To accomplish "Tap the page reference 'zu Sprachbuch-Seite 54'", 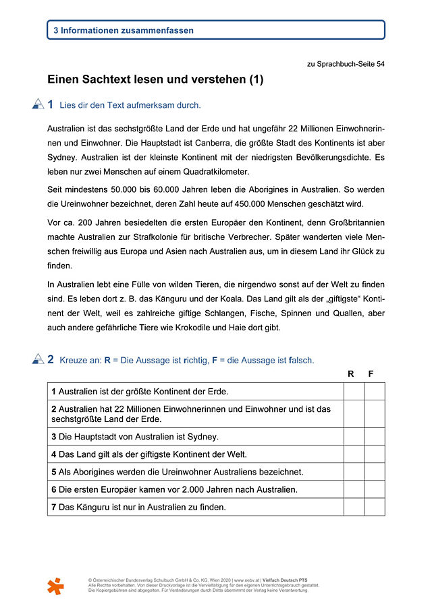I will [346, 65].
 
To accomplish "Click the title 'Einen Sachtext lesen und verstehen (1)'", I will [155, 80].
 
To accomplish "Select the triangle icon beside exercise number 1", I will [38, 104].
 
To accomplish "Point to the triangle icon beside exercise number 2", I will [38, 360].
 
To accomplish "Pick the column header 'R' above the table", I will [351, 373].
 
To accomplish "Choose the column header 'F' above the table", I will [371, 373].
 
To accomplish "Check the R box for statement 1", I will [354, 391].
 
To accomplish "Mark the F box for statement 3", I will [375, 436].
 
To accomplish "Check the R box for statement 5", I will [354, 471].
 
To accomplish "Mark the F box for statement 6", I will [375, 489].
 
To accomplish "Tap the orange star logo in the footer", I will [56, 585].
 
